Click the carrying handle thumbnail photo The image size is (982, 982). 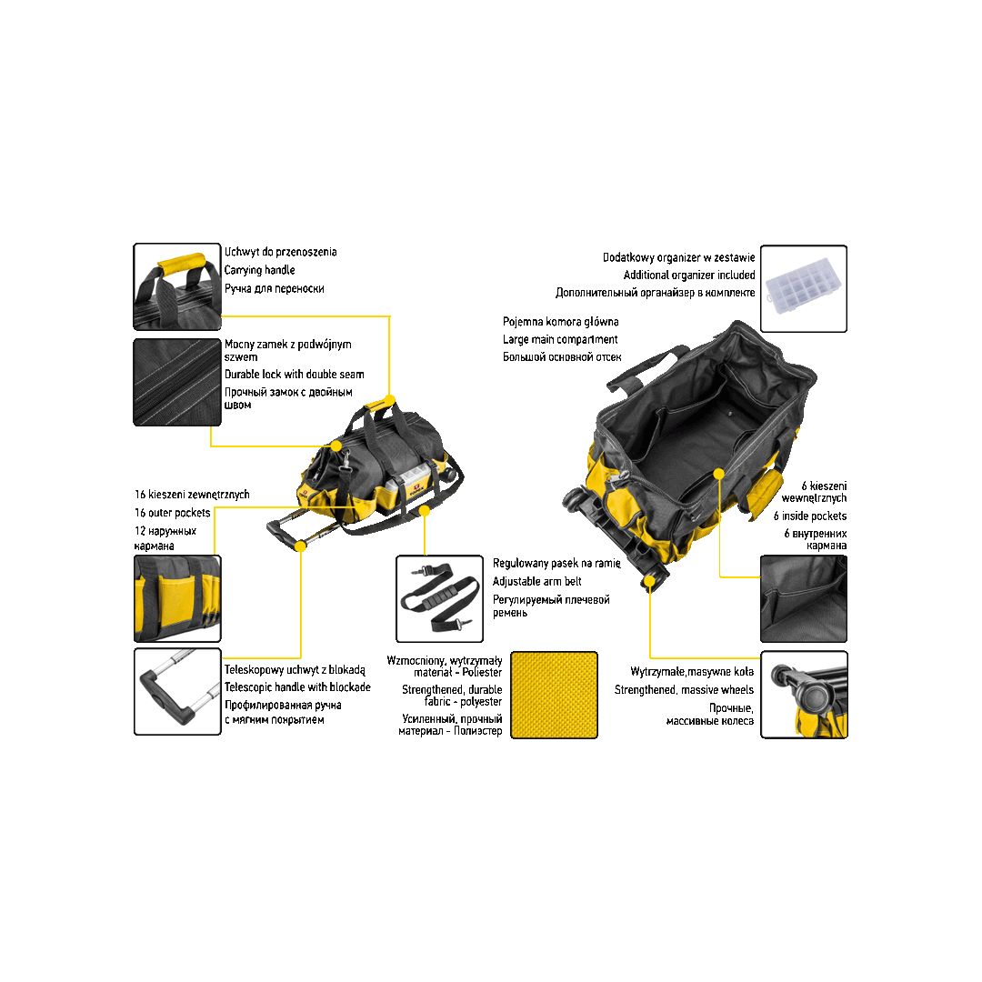pos(177,286)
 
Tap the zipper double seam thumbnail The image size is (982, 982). pos(177,383)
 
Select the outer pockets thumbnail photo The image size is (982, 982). pos(177,598)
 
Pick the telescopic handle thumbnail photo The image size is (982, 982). pos(177,691)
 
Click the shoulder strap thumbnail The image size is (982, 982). pos(440,598)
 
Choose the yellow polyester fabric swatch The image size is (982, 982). pos(555,696)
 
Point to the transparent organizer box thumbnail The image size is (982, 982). pos(804,289)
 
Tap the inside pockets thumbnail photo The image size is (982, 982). pos(804,598)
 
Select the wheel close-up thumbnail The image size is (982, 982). pos(804,696)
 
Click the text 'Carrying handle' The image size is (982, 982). pos(259,271)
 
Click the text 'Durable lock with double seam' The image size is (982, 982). pos(295,375)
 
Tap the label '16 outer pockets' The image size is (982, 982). pos(172,513)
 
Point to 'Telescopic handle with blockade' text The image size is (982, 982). pos(297,687)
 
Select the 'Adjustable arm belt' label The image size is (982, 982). pos(536,582)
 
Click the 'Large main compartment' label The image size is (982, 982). pos(560,339)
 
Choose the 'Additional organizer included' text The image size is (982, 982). pos(689,275)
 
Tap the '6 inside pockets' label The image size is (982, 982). pos(810,516)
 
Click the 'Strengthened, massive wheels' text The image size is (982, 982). pos(684,690)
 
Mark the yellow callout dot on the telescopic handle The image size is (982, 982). pos(301,546)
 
